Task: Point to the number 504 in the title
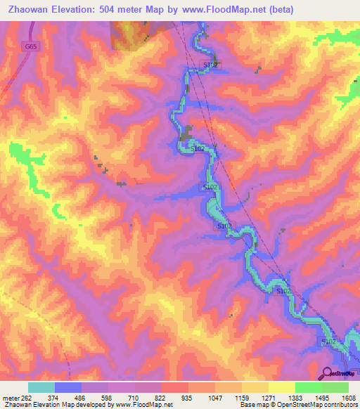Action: (125, 10)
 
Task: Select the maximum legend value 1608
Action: (349, 397)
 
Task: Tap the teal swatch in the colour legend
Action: (41, 387)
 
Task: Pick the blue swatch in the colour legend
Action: (68, 387)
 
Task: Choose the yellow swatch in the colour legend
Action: (281, 387)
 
